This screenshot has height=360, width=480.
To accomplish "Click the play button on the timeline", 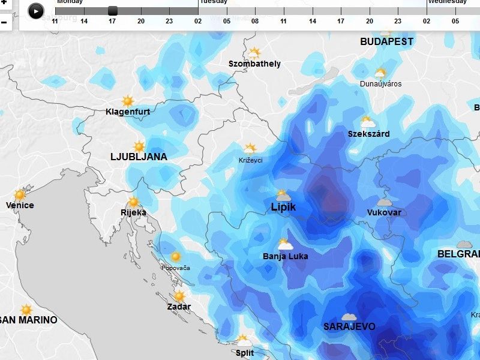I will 36,11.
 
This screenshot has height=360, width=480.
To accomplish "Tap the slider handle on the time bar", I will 113,10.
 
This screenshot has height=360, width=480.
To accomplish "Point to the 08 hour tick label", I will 255,22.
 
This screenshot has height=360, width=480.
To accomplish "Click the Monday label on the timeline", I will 70,2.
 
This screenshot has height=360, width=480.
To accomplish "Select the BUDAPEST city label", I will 386,42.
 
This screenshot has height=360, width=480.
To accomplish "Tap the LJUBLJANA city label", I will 139,157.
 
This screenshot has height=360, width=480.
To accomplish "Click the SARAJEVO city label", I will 349,327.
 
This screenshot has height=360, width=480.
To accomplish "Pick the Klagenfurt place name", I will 128,112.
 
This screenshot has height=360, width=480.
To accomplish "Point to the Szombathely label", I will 255,64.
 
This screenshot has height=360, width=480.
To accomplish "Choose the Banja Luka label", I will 286,256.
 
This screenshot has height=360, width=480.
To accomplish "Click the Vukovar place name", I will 384,212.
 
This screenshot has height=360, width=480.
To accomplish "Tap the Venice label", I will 20,205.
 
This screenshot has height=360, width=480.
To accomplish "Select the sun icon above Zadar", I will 179,296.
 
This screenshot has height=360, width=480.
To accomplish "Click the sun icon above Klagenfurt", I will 128,101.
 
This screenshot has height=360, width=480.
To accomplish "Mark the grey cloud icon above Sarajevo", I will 349,317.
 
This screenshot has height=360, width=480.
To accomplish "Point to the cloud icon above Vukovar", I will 384,202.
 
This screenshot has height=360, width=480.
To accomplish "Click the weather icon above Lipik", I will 283,196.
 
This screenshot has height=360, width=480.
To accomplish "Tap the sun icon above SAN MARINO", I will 26,310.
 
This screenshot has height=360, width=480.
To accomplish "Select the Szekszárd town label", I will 368,134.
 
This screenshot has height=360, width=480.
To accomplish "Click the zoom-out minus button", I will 4,23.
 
